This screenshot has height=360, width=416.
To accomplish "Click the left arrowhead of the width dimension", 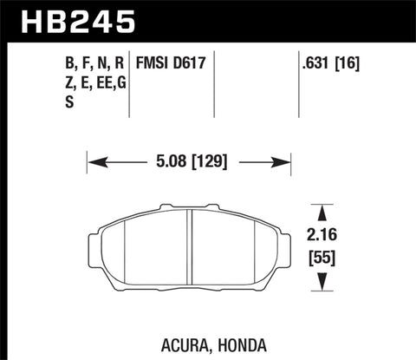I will click(x=94, y=161).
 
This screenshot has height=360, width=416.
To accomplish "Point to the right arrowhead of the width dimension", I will click(x=283, y=161).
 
